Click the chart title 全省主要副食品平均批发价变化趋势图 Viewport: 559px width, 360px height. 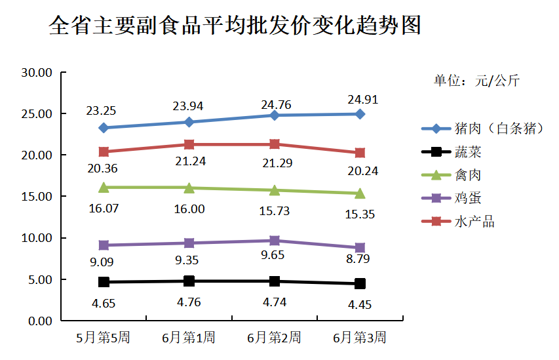(235, 27)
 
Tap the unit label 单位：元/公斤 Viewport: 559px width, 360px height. (476, 81)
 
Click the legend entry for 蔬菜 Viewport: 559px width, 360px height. (468, 152)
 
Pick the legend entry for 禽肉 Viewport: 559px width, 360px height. (468, 175)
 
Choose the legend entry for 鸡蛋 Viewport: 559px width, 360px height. (468, 199)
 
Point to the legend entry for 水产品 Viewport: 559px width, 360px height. (474, 222)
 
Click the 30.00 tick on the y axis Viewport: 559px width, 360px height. (37, 72)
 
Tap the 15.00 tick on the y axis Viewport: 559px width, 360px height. (37, 196)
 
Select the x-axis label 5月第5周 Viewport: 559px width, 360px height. (103, 338)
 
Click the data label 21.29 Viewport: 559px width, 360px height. (276, 163)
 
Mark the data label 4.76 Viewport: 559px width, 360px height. (189, 302)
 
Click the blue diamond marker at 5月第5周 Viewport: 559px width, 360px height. (104, 128)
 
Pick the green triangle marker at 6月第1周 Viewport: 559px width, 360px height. (189, 188)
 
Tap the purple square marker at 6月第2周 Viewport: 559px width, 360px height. (275, 241)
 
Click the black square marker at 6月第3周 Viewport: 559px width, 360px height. (360, 284)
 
